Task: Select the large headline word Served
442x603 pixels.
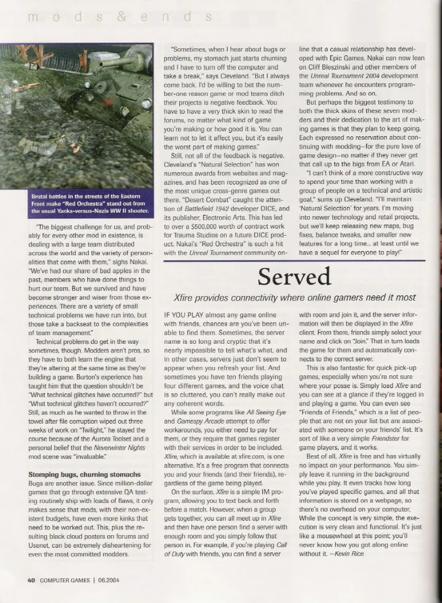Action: tap(294, 278)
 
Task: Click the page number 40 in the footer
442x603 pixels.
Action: tap(32, 580)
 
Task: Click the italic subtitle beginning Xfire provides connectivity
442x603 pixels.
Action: tap(294, 298)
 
